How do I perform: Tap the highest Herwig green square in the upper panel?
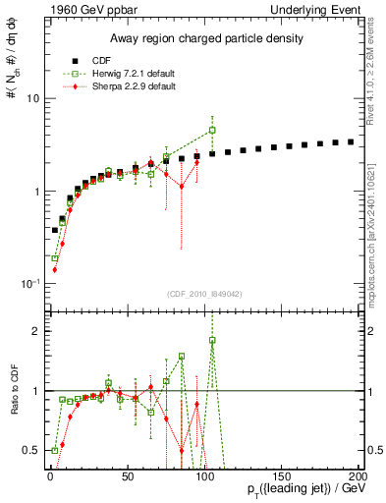point(212,130)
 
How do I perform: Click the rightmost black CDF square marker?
point(351,141)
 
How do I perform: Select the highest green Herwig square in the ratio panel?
point(212,340)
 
